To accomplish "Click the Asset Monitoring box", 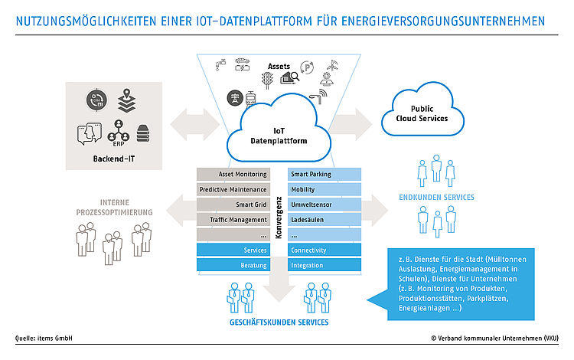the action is (x=233, y=175).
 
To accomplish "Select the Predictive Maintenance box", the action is (x=233, y=189).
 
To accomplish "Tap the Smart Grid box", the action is (x=233, y=205).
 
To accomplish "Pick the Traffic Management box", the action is (x=233, y=220).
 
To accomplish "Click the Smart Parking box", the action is (x=325, y=175).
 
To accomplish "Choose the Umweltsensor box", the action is (x=325, y=205).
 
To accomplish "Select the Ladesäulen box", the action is (x=325, y=220).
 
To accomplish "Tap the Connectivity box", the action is (x=325, y=250).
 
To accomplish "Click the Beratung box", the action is (x=233, y=265).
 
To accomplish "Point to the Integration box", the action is (x=325, y=265).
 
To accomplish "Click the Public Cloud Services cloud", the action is (x=422, y=110).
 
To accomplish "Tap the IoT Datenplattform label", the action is (x=279, y=136).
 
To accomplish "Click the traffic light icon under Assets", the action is (x=267, y=80).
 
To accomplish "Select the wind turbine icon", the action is (x=332, y=66).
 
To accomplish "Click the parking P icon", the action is (x=307, y=67).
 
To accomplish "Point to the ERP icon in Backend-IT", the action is (x=118, y=133).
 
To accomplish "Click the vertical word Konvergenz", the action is (x=279, y=218).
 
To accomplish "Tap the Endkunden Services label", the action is (x=436, y=198).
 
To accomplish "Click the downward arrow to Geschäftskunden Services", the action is (x=279, y=279).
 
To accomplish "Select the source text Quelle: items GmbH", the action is (x=44, y=339).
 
